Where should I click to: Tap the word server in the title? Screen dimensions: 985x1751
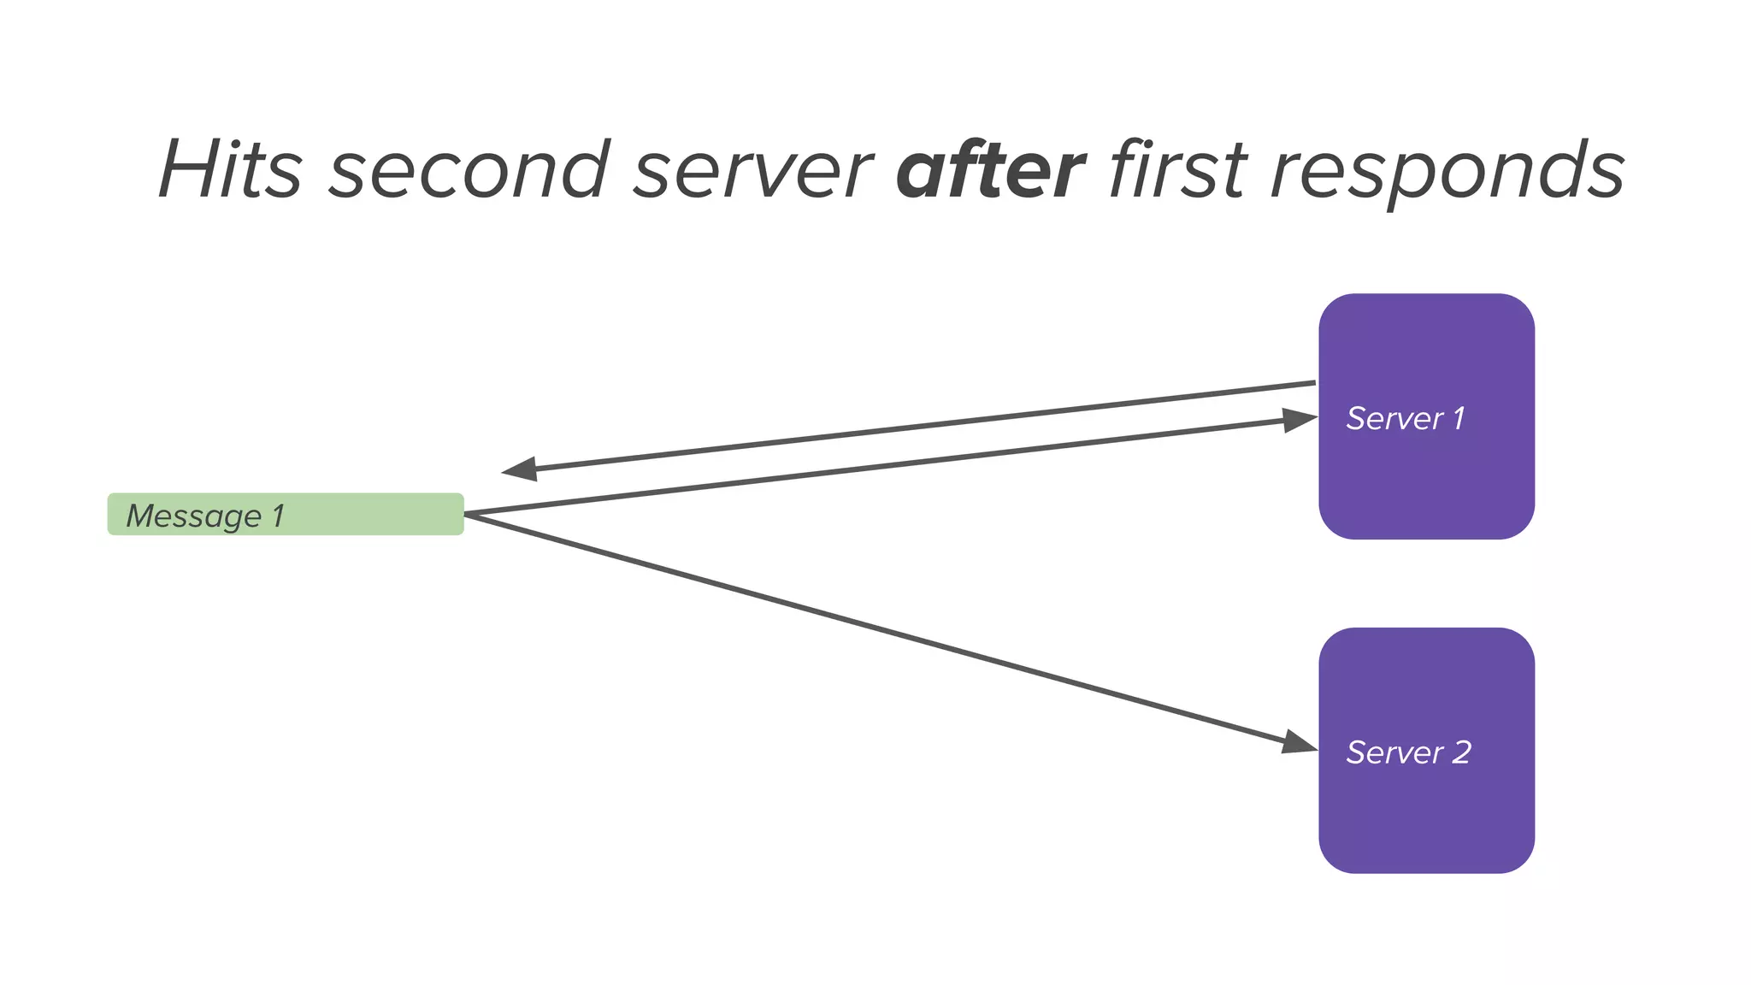tap(752, 169)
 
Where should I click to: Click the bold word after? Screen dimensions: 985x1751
tap(990, 169)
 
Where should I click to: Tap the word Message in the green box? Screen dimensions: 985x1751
tap(194, 516)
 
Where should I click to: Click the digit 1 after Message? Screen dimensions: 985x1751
tap(278, 516)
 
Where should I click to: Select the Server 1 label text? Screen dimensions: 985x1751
tap(1405, 418)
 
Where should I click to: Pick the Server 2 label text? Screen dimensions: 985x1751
tap(1408, 752)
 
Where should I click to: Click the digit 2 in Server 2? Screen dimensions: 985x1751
tap(1461, 752)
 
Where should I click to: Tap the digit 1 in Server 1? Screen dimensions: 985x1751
tap(1459, 418)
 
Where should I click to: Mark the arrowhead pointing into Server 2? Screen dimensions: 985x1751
tap(1299, 741)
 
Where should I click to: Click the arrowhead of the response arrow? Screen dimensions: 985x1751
tap(519, 469)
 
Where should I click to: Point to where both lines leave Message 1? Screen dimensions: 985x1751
tap(467, 514)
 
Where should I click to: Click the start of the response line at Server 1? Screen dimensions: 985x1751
tap(1312, 383)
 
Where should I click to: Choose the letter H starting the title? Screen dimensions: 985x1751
tap(186, 169)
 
